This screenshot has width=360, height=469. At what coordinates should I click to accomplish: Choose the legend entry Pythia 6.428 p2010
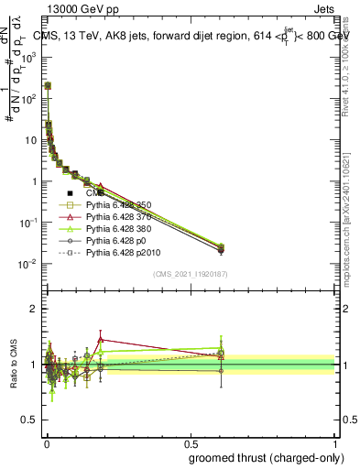click(x=119, y=254)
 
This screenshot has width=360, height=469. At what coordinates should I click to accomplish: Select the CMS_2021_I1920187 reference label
click(x=189, y=274)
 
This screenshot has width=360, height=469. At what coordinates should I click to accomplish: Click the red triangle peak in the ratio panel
click(x=101, y=339)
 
